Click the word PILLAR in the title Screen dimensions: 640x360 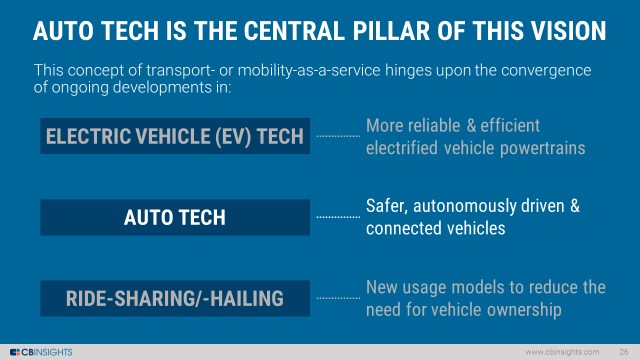(391, 31)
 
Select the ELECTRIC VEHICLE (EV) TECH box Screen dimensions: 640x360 (175, 136)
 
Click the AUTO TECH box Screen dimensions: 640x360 (175, 217)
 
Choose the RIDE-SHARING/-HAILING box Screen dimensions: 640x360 (175, 298)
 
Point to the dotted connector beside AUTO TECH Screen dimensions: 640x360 (338, 217)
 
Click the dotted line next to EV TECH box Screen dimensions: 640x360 (338, 136)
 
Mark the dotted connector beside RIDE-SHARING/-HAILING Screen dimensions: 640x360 (338, 298)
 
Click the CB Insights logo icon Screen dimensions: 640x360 (15, 352)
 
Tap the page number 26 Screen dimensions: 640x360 (623, 351)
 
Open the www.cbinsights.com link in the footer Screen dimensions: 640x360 (562, 352)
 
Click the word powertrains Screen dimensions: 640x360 (542, 149)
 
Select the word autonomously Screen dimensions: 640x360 (464, 206)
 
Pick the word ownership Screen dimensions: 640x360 (524, 310)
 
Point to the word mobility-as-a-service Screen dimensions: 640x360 (309, 70)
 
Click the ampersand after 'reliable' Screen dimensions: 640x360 (471, 125)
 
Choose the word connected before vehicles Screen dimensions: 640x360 (403, 228)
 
